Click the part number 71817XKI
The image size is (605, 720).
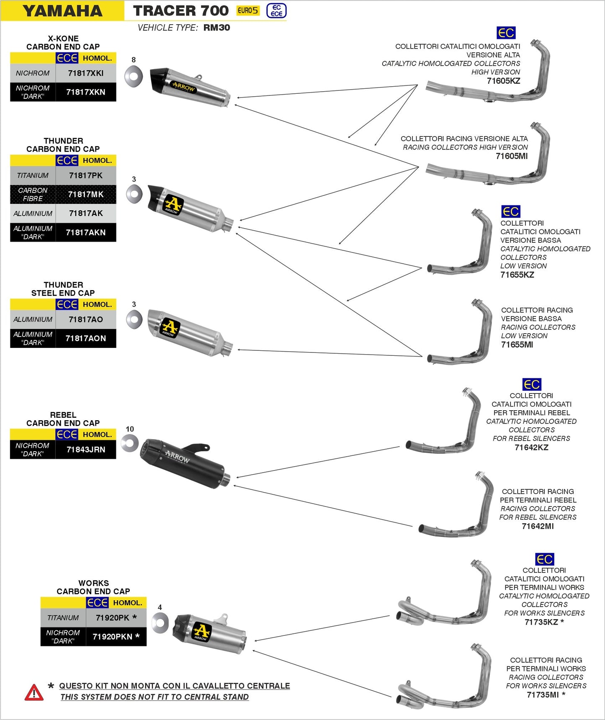[x=85, y=73]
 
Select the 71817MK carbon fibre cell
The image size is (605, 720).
[x=85, y=195]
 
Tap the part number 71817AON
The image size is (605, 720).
[x=85, y=338]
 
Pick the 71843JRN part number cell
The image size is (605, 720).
[x=85, y=450]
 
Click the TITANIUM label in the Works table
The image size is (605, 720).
[x=63, y=618]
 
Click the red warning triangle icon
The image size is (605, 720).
[x=34, y=692]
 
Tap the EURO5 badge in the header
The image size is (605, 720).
[x=248, y=10]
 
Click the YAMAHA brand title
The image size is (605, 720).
[x=62, y=11]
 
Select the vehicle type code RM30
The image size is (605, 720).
[x=216, y=28]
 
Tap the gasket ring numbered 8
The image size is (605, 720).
[x=134, y=77]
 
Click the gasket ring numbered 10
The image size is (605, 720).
[x=130, y=443]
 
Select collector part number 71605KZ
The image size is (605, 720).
[x=503, y=81]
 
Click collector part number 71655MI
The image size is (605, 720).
[x=517, y=345]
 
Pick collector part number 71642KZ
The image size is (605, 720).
[x=531, y=447]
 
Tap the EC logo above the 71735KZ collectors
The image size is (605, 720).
[x=544, y=559]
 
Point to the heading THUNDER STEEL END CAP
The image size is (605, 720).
[x=63, y=289]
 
